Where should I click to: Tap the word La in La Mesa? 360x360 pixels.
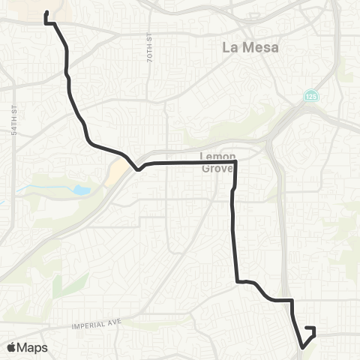point(230,47)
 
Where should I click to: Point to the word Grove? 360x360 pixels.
point(218,168)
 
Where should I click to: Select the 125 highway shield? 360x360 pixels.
point(310,96)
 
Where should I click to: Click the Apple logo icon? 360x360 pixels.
point(12,347)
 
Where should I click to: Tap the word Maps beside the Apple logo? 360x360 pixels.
point(33,347)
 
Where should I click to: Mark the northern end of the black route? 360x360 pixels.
point(47,12)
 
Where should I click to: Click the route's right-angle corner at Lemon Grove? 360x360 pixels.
point(235,162)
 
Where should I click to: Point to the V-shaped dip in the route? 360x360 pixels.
point(137,169)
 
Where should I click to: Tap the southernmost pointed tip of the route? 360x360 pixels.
point(303,347)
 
